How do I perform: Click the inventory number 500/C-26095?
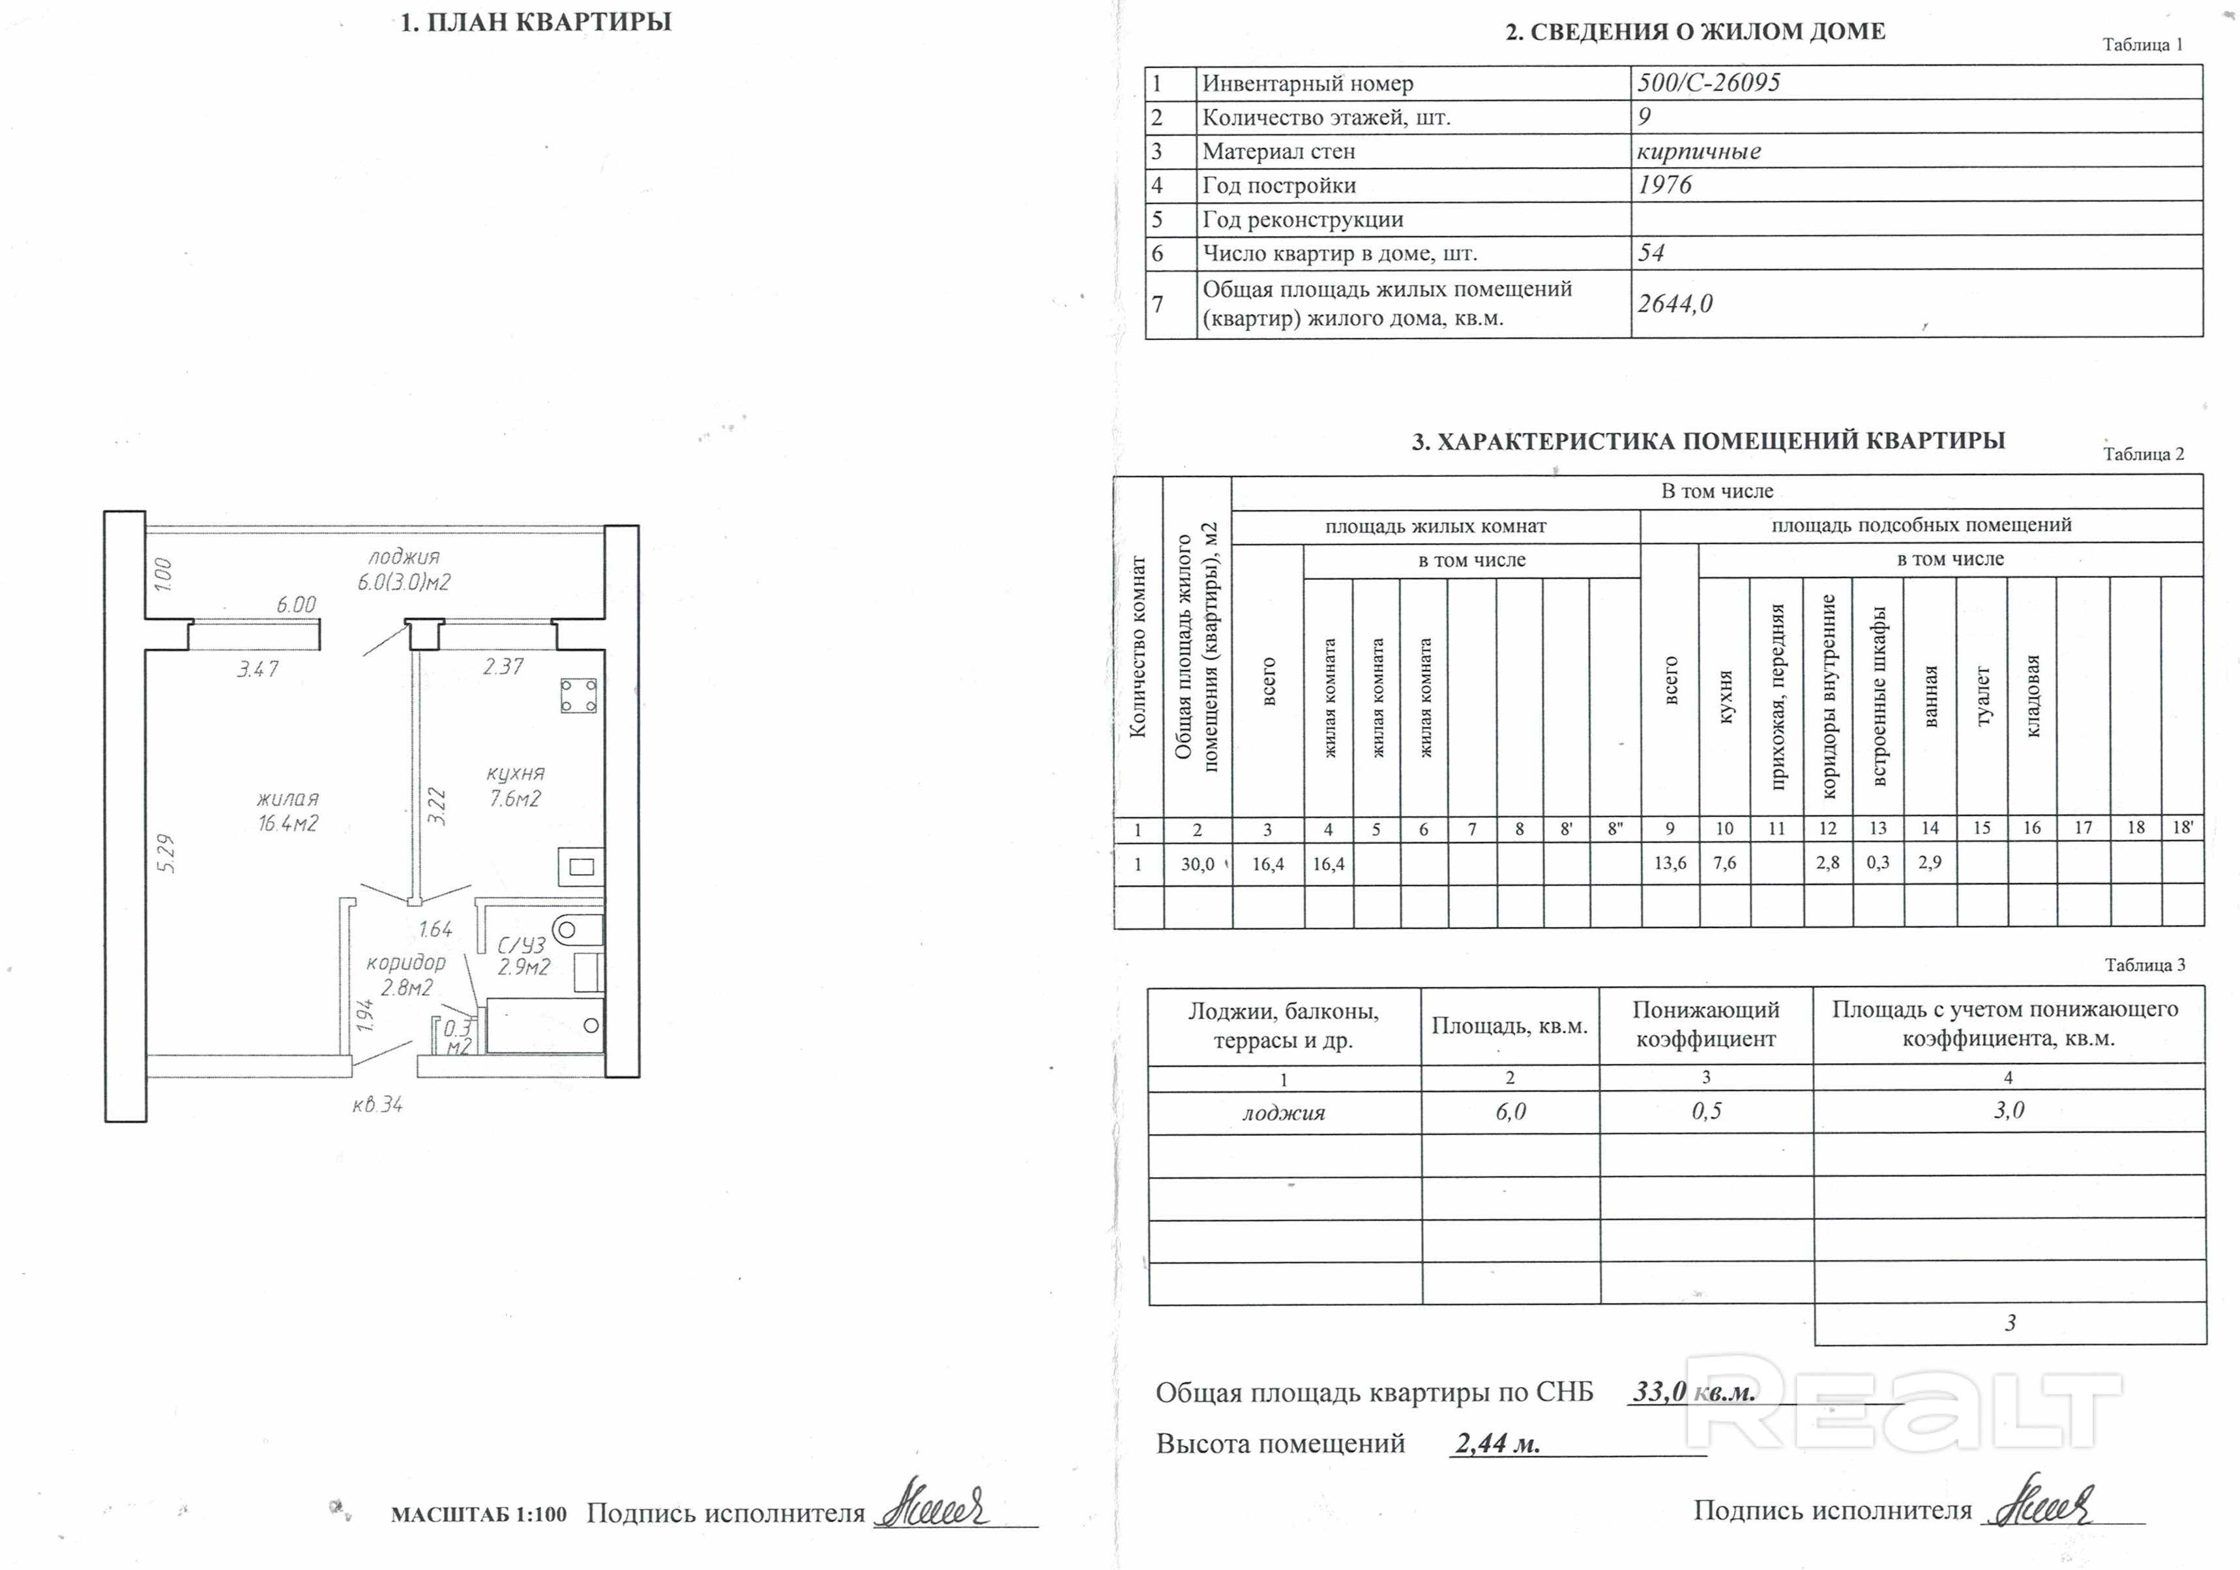point(1708,83)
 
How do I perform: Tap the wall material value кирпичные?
point(1698,151)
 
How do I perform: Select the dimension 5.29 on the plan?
point(166,852)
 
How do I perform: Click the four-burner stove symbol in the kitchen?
point(578,696)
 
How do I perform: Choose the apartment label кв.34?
point(377,1105)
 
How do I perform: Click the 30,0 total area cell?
point(1197,864)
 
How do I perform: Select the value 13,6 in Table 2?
point(1670,863)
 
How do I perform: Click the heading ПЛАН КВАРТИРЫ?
point(536,22)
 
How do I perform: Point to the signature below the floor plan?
point(932,1505)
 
